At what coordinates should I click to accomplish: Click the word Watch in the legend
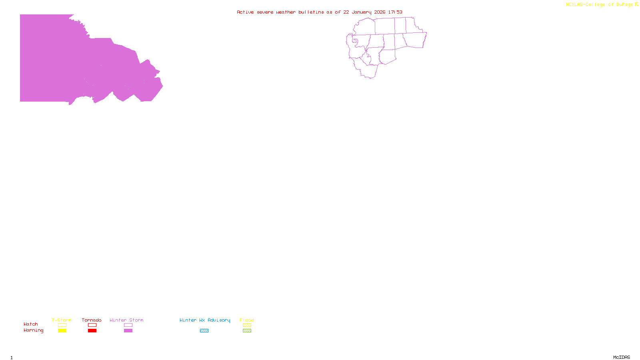[x=31, y=324]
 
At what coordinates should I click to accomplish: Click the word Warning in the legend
[x=34, y=330]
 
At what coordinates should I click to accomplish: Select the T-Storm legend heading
[x=62, y=320]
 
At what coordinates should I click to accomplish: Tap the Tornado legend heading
[x=92, y=320]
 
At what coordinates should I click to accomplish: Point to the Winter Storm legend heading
[x=126, y=320]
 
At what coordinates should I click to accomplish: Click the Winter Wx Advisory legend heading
[x=205, y=320]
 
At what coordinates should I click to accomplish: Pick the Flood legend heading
[x=247, y=320]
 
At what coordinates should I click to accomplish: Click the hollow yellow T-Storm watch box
[x=62, y=325]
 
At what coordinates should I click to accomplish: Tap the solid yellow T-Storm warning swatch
[x=62, y=331]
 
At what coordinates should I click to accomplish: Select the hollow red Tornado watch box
[x=92, y=325]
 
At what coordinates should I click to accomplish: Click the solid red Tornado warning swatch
[x=92, y=331]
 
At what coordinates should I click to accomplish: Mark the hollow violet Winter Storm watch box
[x=128, y=325]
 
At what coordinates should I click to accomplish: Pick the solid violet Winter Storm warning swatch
[x=128, y=331]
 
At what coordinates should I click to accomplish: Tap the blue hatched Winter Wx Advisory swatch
[x=204, y=331]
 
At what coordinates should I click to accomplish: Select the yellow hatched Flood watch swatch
[x=247, y=325]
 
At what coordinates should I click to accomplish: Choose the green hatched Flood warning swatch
[x=247, y=331]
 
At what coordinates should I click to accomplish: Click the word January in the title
[x=362, y=12]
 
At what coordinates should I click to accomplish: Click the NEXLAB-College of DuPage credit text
[x=600, y=4]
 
